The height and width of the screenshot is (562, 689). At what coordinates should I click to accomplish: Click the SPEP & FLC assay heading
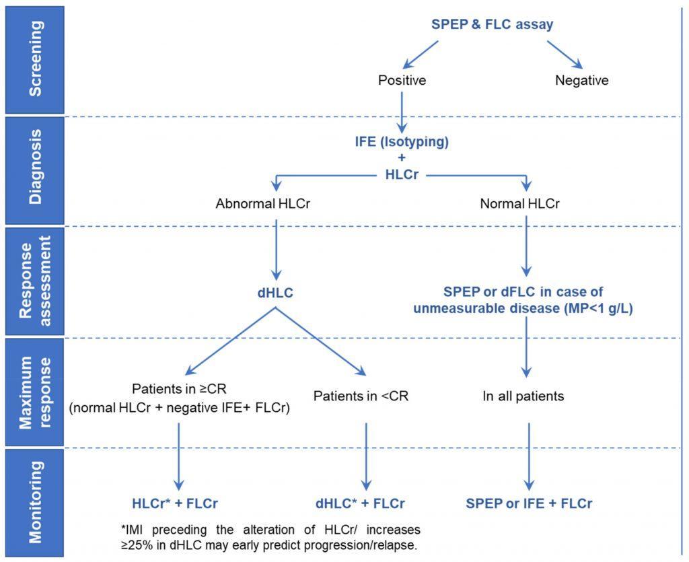tap(492, 25)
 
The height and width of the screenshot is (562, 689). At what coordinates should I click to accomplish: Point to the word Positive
tap(402, 80)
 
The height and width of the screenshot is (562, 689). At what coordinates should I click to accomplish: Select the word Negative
tap(581, 80)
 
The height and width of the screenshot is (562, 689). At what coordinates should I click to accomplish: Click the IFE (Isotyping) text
tap(402, 143)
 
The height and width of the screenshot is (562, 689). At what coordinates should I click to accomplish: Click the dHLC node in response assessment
tap(275, 293)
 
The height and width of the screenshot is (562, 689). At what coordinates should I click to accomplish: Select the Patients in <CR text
tap(361, 396)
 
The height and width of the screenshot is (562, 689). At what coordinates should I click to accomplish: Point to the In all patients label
tap(523, 396)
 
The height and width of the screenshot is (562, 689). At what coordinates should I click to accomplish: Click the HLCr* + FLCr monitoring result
tap(176, 503)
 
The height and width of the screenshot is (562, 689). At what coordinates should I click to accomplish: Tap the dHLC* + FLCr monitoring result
tap(361, 503)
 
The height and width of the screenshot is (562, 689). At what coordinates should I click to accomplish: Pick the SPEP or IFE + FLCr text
tap(529, 503)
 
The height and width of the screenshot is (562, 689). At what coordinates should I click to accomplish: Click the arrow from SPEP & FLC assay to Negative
tap(565, 55)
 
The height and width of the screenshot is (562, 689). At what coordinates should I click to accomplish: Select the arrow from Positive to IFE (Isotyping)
tap(402, 111)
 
